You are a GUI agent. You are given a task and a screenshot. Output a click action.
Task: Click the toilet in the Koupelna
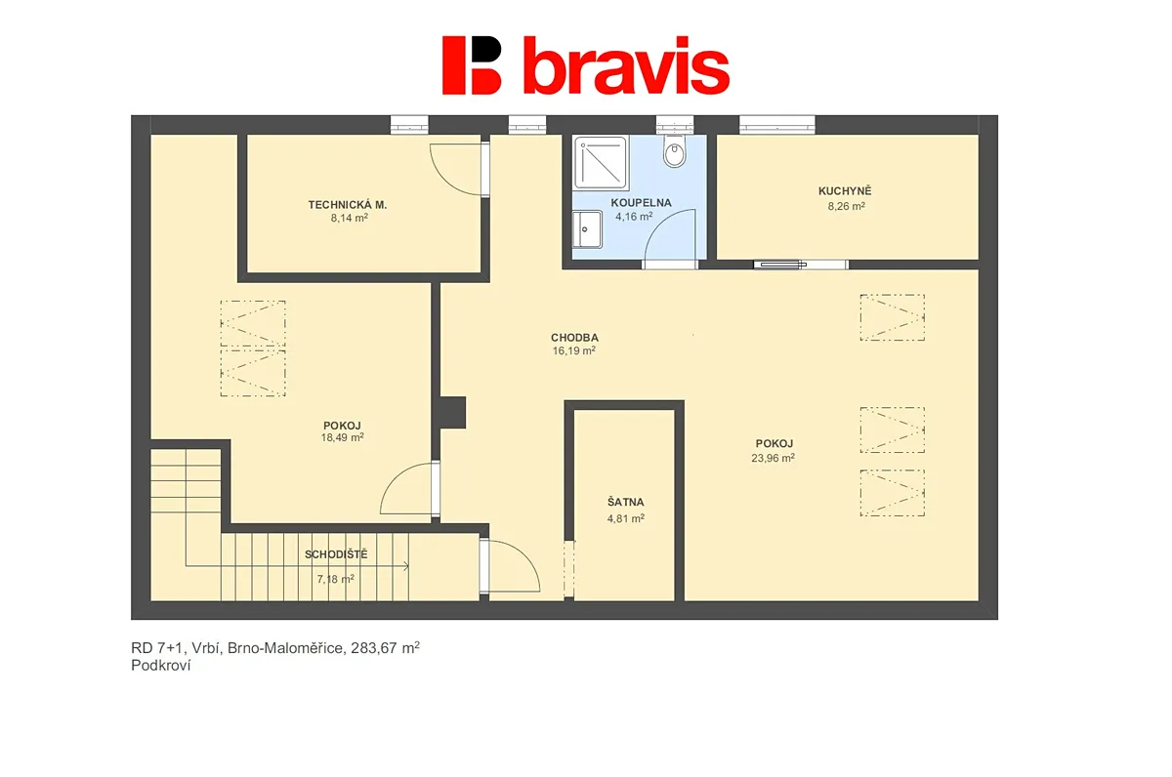675,150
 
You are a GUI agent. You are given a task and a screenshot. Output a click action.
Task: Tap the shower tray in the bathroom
600,163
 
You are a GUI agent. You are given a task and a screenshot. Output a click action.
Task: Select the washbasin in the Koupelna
587,229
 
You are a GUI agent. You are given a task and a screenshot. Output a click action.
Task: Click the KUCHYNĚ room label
845,191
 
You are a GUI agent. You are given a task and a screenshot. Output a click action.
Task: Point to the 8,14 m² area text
349,218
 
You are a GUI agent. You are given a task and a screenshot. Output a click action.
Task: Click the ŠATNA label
626,503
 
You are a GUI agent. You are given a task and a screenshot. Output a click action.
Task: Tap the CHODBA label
574,338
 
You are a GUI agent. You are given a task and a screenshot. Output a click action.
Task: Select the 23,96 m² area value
774,458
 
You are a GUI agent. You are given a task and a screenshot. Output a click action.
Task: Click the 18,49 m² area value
342,437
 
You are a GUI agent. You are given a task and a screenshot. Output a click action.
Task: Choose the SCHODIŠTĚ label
336,554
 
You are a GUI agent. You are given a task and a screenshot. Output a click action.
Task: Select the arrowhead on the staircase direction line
406,566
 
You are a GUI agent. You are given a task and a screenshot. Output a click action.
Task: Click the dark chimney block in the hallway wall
453,413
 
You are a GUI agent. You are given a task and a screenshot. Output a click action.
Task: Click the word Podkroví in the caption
161,666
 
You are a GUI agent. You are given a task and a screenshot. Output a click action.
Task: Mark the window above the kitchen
777,124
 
